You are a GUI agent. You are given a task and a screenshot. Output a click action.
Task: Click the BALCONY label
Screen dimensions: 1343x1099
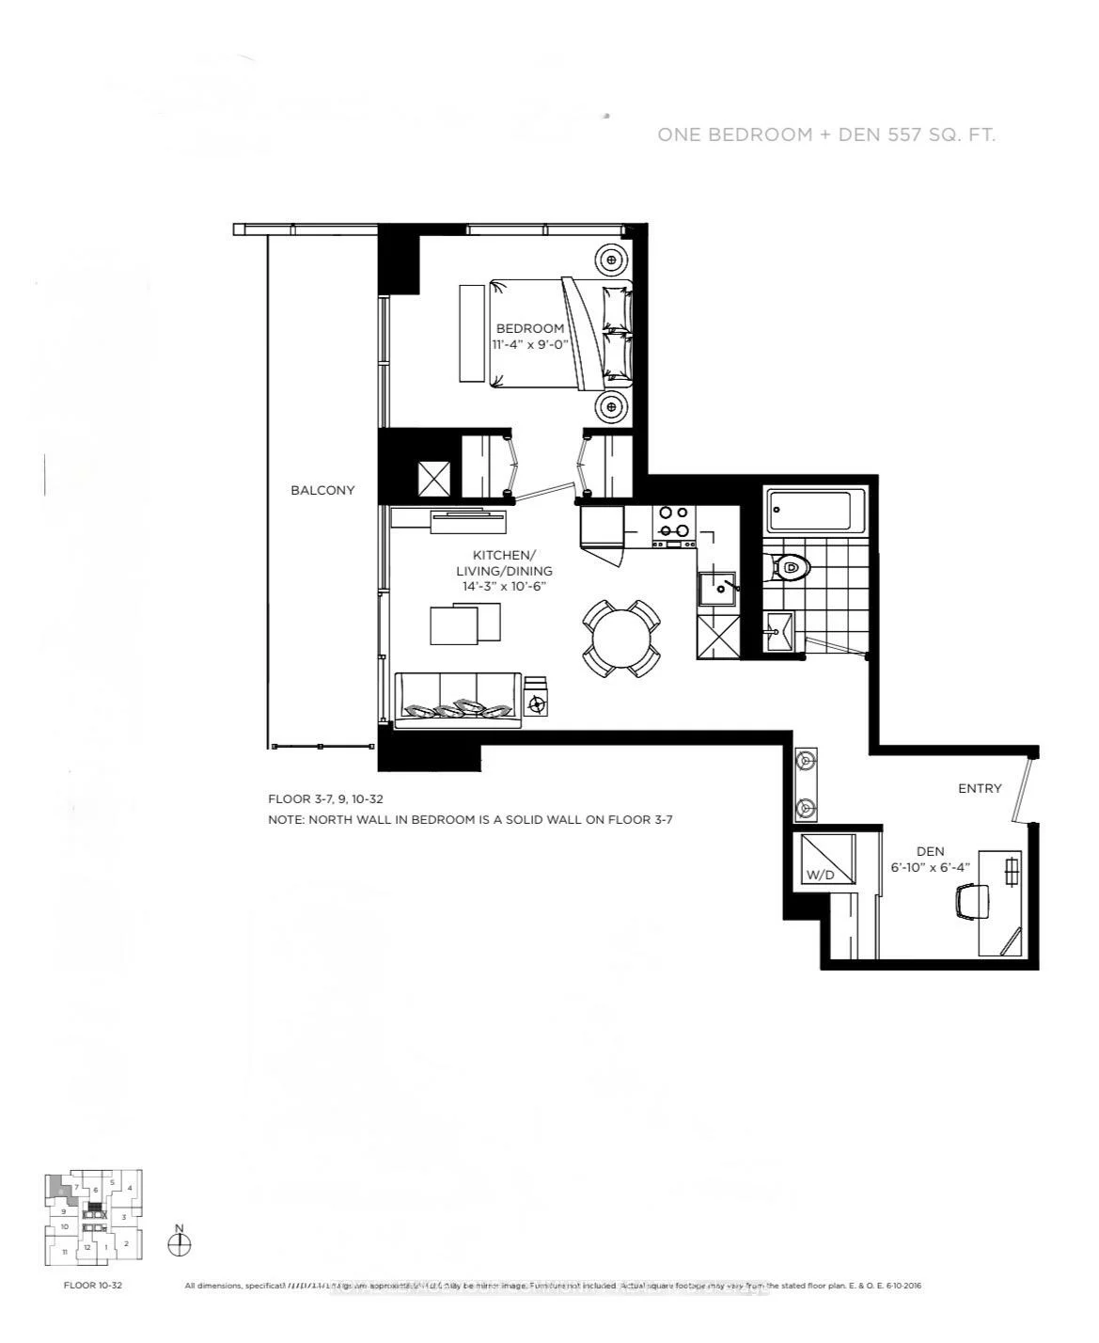pos(322,490)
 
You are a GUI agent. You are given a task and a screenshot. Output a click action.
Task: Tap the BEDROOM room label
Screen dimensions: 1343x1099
pos(530,328)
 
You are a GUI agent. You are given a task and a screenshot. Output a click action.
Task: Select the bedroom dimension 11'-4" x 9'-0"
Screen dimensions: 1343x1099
pos(530,344)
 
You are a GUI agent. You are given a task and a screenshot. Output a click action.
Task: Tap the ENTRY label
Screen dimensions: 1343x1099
pos(980,788)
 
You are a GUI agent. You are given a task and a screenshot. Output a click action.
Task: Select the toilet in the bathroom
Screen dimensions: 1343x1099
pos(791,568)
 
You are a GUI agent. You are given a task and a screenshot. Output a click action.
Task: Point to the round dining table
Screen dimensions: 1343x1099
pos(620,639)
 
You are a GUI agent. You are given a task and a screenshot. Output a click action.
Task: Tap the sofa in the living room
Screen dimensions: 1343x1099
pos(458,701)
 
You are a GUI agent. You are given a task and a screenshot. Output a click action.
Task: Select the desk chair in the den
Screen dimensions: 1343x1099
pos(973,902)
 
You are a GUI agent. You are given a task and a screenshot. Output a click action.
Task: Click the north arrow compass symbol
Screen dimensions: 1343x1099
pos(179,1242)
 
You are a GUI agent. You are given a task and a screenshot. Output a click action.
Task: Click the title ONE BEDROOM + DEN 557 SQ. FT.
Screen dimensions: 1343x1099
pos(826,134)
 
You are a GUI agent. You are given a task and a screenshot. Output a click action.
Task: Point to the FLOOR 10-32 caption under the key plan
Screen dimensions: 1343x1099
pos(92,1285)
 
